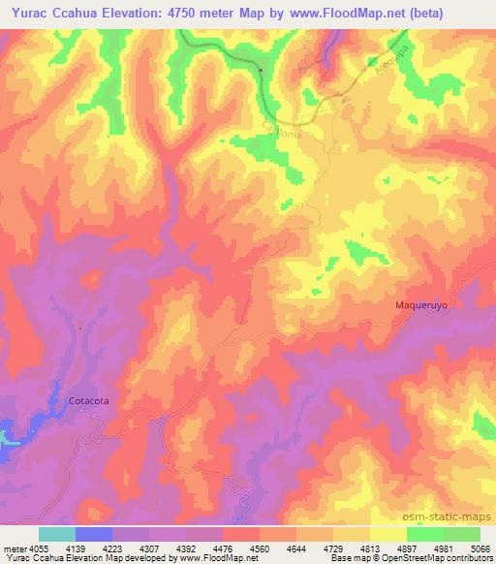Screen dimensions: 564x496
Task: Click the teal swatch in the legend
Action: pos(57,534)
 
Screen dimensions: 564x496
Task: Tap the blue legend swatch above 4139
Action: pos(94,534)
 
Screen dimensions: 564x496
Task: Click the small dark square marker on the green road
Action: pos(262,70)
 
